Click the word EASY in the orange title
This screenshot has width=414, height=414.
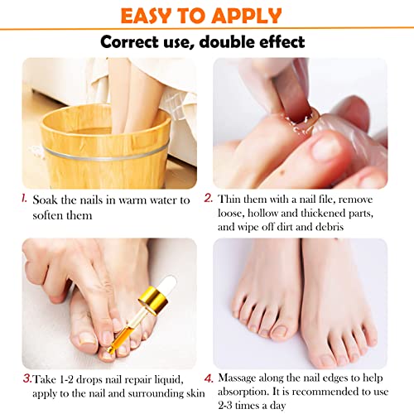tap(151, 16)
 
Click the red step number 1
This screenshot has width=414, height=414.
tap(26, 199)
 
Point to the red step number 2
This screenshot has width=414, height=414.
tap(209, 199)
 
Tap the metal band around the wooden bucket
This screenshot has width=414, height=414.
tap(99, 153)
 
